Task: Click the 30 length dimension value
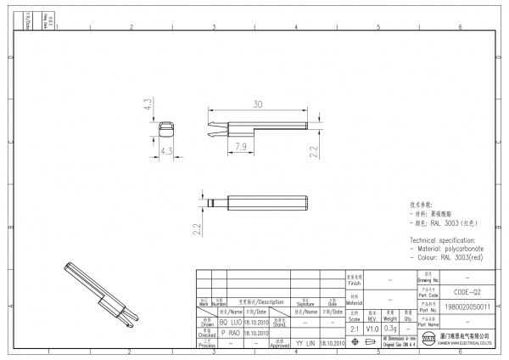pos(257,104)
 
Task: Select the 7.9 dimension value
pos(239,147)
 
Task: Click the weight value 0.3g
pos(391,328)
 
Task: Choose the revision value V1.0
pos(372,328)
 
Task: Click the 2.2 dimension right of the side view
pos(313,151)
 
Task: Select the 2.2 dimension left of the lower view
pos(196,228)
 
